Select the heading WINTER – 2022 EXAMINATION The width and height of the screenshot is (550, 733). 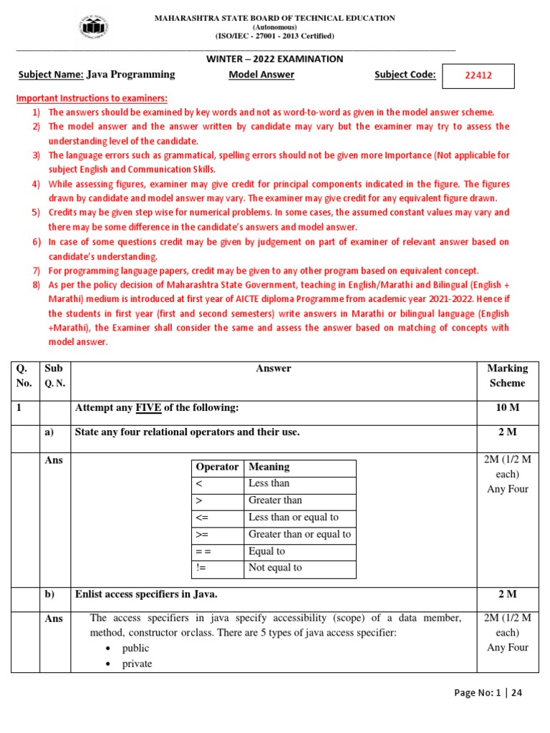[275, 59]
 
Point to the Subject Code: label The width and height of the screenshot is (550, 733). [405, 74]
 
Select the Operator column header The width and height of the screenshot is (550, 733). [217, 467]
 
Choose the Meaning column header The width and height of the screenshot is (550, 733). [269, 467]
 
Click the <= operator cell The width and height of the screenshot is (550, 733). [201, 517]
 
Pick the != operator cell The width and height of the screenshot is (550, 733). [200, 568]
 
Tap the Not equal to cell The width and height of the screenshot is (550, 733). [275, 568]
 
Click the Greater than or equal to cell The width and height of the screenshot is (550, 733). [299, 534]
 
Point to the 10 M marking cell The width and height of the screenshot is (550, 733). [507, 407]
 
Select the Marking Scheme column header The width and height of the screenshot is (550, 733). [507, 376]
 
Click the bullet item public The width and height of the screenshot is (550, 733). [135, 648]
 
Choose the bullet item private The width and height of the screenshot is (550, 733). [137, 664]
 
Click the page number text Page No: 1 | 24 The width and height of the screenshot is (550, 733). [488, 693]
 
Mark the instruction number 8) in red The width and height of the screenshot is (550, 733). [36, 285]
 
